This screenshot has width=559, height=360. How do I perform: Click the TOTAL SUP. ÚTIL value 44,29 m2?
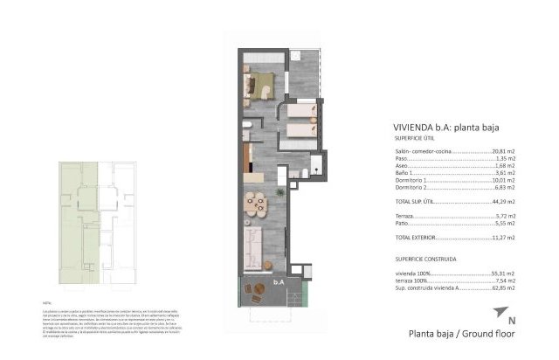[x=504, y=201]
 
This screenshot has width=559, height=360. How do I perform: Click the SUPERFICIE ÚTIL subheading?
[x=417, y=137]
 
